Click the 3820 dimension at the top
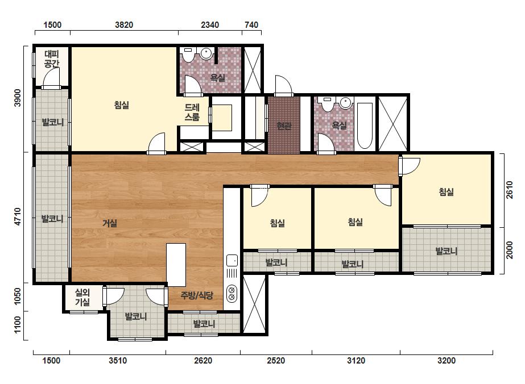pyautogui.click(x=124, y=25)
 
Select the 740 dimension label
pyautogui.click(x=251, y=25)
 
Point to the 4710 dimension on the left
pyautogui.click(x=18, y=216)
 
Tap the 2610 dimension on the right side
pyautogui.click(x=509, y=190)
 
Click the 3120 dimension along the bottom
pyautogui.click(x=356, y=361)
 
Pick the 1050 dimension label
pyautogui.click(x=18, y=297)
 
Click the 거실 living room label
pyautogui.click(x=110, y=223)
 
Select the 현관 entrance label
pyautogui.click(x=284, y=126)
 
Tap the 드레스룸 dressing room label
pyautogui.click(x=192, y=112)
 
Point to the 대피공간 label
pyautogui.click(x=52, y=59)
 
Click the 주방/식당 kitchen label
pyautogui.click(x=197, y=295)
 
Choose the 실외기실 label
pyautogui.click(x=82, y=297)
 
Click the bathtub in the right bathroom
pyautogui.click(x=365, y=126)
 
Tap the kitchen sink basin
pyautogui.click(x=232, y=260)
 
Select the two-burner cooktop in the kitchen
pyautogui.click(x=232, y=294)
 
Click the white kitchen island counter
pyautogui.click(x=176, y=265)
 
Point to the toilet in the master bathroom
pyautogui.click(x=188, y=55)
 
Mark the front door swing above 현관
pyautogui.click(x=283, y=86)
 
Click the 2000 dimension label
pyautogui.click(x=509, y=250)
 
